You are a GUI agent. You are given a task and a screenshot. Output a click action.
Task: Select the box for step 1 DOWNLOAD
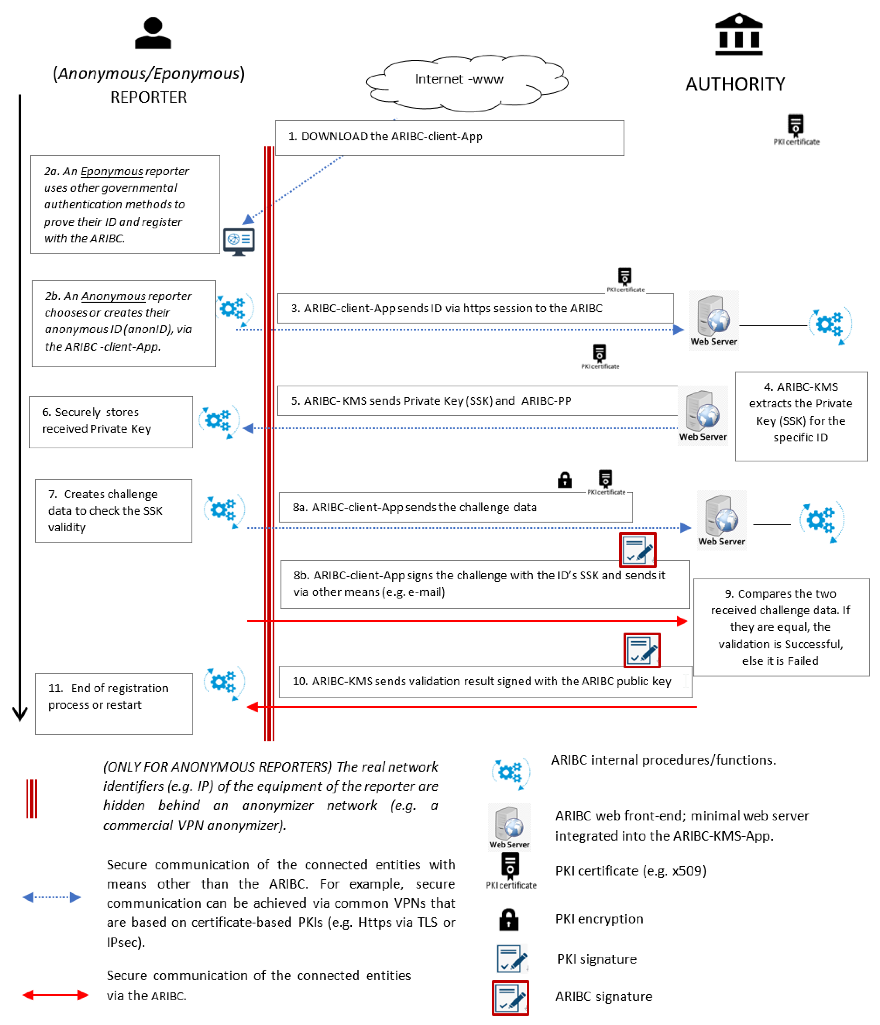[x=449, y=138]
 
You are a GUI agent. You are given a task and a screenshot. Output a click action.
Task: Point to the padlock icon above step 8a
[x=565, y=479]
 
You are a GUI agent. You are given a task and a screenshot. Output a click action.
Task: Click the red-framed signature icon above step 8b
[x=637, y=550]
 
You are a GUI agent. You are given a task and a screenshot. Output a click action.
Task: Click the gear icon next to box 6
[x=218, y=421]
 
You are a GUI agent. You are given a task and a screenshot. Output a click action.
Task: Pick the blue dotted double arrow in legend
[x=51, y=897]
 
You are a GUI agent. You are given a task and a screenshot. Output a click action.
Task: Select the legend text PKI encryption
[x=599, y=919]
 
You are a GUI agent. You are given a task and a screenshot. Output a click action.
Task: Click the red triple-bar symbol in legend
[x=32, y=798]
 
